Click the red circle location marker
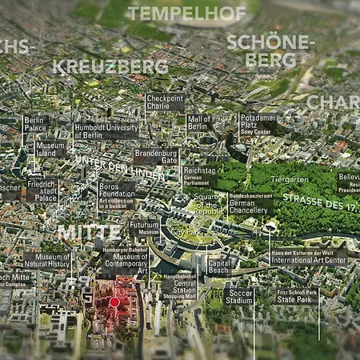(x=114, y=302)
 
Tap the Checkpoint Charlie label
(x=165, y=102)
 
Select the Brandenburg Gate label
(x=155, y=155)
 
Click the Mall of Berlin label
(x=198, y=122)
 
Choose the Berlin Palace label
(x=35, y=123)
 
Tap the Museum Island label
(x=50, y=150)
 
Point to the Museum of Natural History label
(x=47, y=259)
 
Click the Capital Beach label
(x=219, y=266)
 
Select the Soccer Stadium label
(x=239, y=296)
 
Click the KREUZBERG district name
(x=112, y=66)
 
